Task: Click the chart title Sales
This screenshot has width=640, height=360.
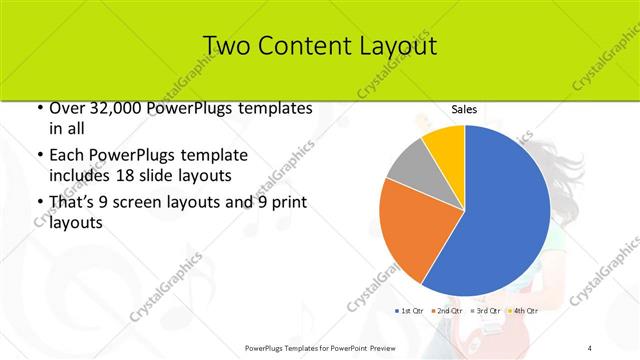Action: coord(463,109)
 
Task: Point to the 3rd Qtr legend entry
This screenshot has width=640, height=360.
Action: coord(487,312)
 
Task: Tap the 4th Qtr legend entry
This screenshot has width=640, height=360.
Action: coord(524,312)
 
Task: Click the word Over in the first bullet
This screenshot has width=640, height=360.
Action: coord(67,108)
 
